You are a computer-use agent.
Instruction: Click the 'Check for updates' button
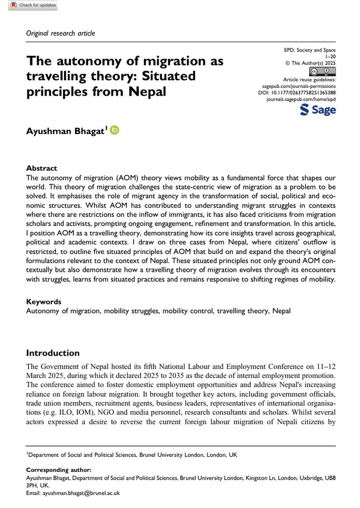coord(29,6)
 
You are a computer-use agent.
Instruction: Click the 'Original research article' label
coord(61,34)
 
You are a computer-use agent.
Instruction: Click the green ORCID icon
coord(114,131)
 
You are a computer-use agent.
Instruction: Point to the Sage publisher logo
coord(318,110)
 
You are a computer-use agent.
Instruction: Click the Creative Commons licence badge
coord(322,71)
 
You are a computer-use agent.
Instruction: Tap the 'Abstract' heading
coord(42,168)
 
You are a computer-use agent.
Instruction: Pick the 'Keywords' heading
coord(44,301)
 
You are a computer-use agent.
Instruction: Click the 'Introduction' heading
coord(53,353)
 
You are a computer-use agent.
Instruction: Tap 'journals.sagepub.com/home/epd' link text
coord(301,100)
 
